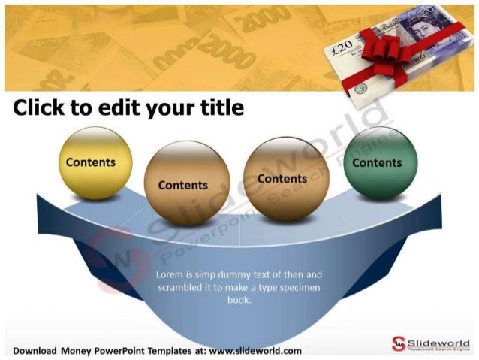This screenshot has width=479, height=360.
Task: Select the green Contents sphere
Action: point(378,163)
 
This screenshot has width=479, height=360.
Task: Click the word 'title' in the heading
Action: point(222,108)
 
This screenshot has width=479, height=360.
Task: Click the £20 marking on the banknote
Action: point(342,47)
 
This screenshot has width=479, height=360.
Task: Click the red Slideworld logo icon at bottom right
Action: point(397,343)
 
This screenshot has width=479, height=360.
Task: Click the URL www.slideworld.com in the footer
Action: point(255,351)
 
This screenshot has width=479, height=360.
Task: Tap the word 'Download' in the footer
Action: point(36,351)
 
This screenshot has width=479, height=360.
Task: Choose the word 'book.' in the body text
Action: point(239,299)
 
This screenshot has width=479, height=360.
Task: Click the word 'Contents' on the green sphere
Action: point(377,162)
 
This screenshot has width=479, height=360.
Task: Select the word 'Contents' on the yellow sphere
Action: point(91,162)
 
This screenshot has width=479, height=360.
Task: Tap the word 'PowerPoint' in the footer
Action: point(116,351)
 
